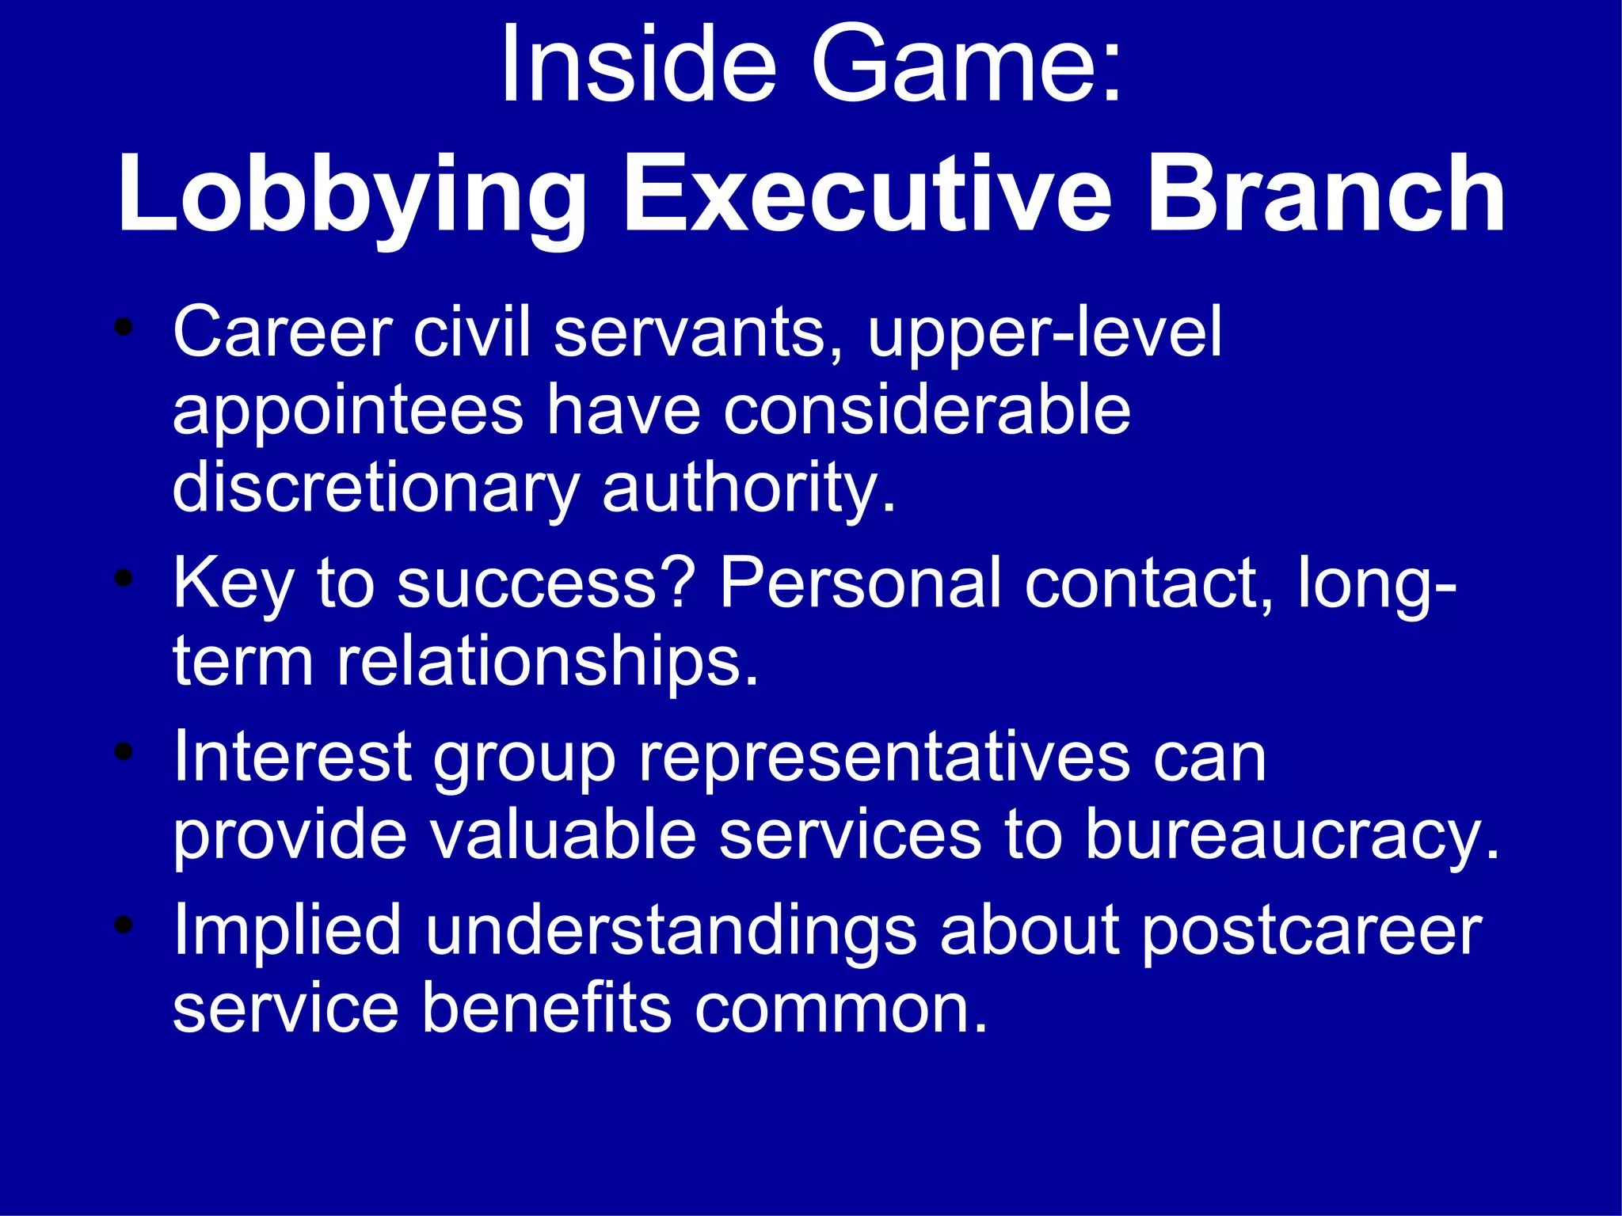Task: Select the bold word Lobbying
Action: click(x=352, y=196)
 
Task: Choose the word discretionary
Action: click(x=376, y=489)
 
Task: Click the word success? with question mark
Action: click(x=546, y=584)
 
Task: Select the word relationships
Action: click(x=546, y=662)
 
